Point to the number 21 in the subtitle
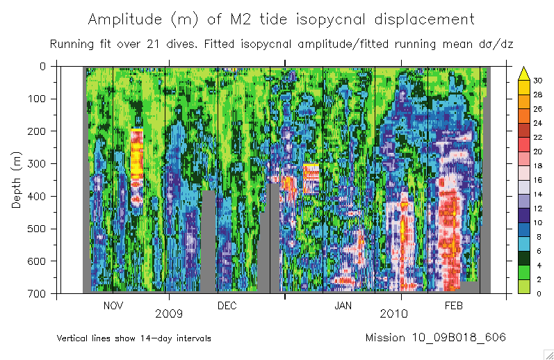[152, 44]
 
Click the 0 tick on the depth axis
[42, 66]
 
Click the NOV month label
[113, 306]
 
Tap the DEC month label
[227, 306]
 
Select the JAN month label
[343, 306]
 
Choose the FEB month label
[453, 306]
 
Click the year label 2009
[169, 314]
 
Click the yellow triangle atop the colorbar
[525, 72]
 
